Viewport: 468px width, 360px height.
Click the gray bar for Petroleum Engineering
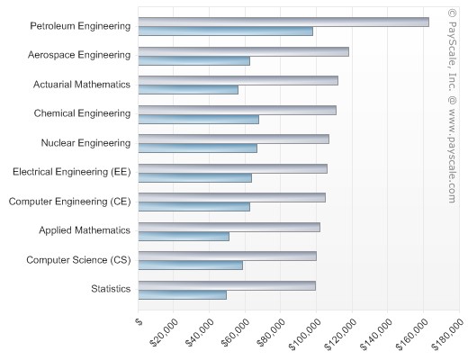point(283,22)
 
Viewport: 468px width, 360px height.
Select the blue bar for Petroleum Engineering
point(226,31)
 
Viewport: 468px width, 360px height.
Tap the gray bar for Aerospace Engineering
point(244,51)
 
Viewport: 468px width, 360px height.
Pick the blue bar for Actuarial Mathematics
point(189,90)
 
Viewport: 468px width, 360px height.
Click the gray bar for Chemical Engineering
point(238,110)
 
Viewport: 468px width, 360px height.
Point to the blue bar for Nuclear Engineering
point(198,148)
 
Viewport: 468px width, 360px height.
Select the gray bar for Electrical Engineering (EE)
point(233,168)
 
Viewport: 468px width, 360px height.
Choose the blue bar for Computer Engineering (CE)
point(194,207)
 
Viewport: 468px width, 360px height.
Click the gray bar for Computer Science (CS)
point(228,256)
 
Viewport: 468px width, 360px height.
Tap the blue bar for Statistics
point(183,294)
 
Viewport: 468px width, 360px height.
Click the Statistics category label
point(111,289)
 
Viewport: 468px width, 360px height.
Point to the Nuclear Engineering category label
point(85,143)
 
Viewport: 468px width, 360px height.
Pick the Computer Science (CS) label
point(78,260)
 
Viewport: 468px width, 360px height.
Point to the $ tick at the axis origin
point(139,319)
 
